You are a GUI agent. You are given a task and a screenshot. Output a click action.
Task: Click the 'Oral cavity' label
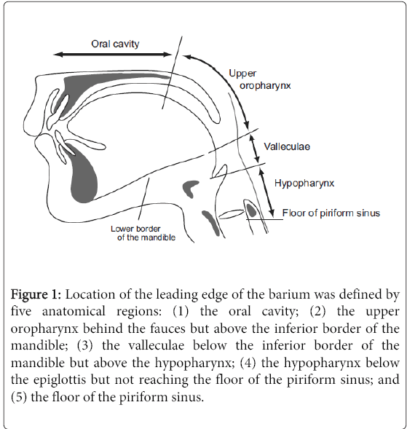115,44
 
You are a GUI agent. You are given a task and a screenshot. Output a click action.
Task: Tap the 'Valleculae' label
287,146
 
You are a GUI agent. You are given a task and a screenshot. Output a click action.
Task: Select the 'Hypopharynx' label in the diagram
304,183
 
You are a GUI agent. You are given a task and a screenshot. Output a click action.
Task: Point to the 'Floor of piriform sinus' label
331,213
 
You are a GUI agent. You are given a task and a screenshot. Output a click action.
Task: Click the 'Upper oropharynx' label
260,79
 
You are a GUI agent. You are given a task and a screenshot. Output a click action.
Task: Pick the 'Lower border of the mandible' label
143,233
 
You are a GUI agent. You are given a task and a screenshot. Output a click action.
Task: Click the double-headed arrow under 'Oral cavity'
113,55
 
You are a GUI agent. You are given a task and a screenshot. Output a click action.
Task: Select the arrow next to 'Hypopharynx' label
266,192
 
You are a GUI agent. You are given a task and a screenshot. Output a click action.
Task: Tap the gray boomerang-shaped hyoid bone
191,187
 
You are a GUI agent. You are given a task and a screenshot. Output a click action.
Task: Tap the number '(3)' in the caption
84,346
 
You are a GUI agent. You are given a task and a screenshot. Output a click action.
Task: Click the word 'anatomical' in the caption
74,312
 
